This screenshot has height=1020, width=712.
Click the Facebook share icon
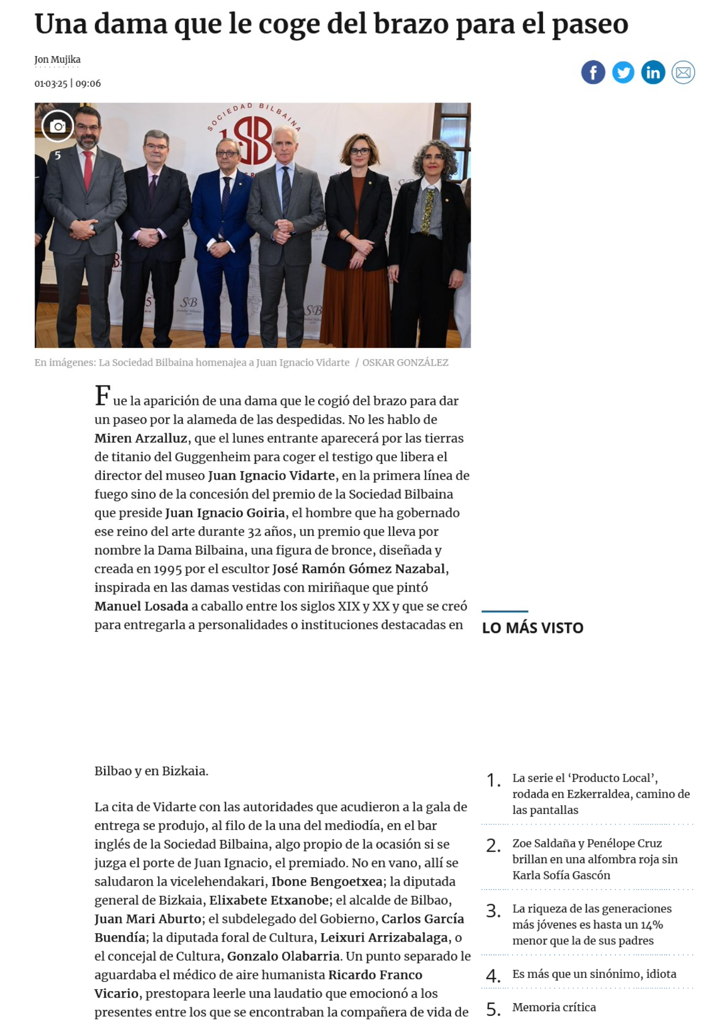(593, 72)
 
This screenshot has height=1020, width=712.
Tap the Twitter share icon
(623, 72)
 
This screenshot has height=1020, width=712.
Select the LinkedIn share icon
(653, 72)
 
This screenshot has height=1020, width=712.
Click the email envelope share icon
(683, 72)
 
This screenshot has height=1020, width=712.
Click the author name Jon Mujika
(57, 60)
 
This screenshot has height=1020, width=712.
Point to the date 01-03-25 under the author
(51, 84)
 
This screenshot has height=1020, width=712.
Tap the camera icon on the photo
(58, 126)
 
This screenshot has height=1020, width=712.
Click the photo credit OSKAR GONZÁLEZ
(405, 362)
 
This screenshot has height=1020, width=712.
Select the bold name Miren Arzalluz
(140, 438)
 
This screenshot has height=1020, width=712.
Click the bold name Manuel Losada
(141, 606)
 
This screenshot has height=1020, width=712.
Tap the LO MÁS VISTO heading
(532, 628)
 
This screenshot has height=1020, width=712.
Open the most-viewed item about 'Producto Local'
(600, 794)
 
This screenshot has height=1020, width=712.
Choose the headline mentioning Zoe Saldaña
(595, 859)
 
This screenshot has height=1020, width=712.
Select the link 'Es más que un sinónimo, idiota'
(594, 974)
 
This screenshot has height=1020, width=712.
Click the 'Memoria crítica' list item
(554, 1007)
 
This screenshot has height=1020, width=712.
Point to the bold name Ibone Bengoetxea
(326, 881)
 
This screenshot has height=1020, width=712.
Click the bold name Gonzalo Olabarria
(283, 956)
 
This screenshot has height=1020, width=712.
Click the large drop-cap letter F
(103, 396)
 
